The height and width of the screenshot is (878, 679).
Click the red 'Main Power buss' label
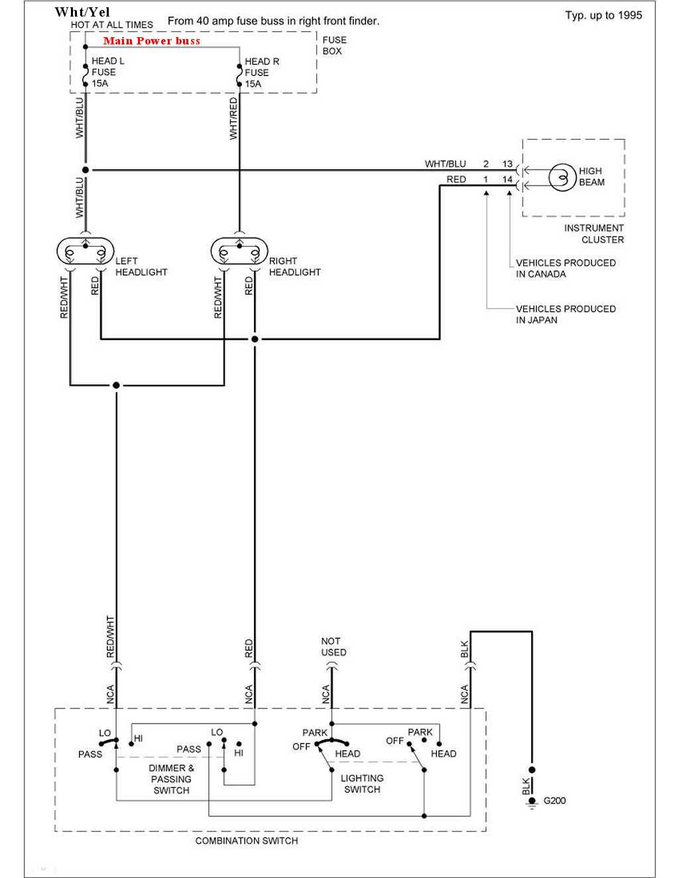point(152,41)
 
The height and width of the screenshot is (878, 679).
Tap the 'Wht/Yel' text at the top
point(82,12)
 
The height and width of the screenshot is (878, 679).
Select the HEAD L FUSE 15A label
point(108,72)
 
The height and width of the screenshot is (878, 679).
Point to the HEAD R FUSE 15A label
point(262,73)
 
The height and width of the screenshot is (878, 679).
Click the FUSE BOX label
point(334,45)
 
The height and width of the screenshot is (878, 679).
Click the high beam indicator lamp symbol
point(562,177)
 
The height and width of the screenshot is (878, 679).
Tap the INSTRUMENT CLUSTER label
point(593,233)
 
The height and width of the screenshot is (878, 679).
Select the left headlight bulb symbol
point(86,251)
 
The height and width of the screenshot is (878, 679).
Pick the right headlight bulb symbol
point(239,251)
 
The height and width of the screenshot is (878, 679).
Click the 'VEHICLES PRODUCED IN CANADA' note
point(566,268)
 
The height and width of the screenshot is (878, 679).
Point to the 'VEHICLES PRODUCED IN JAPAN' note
point(566,314)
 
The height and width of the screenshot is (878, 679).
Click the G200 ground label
point(554,800)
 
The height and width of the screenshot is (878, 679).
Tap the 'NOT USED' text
point(334,647)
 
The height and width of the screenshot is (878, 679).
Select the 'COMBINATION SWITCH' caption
point(247,841)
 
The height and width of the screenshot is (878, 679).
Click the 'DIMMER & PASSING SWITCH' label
point(171,779)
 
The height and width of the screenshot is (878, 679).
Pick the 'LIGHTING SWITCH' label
point(362,784)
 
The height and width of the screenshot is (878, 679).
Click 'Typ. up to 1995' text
point(603,15)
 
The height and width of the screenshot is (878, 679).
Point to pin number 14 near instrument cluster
point(507,180)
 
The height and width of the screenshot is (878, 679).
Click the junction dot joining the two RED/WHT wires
point(117,385)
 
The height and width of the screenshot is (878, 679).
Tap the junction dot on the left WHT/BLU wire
point(86,170)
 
